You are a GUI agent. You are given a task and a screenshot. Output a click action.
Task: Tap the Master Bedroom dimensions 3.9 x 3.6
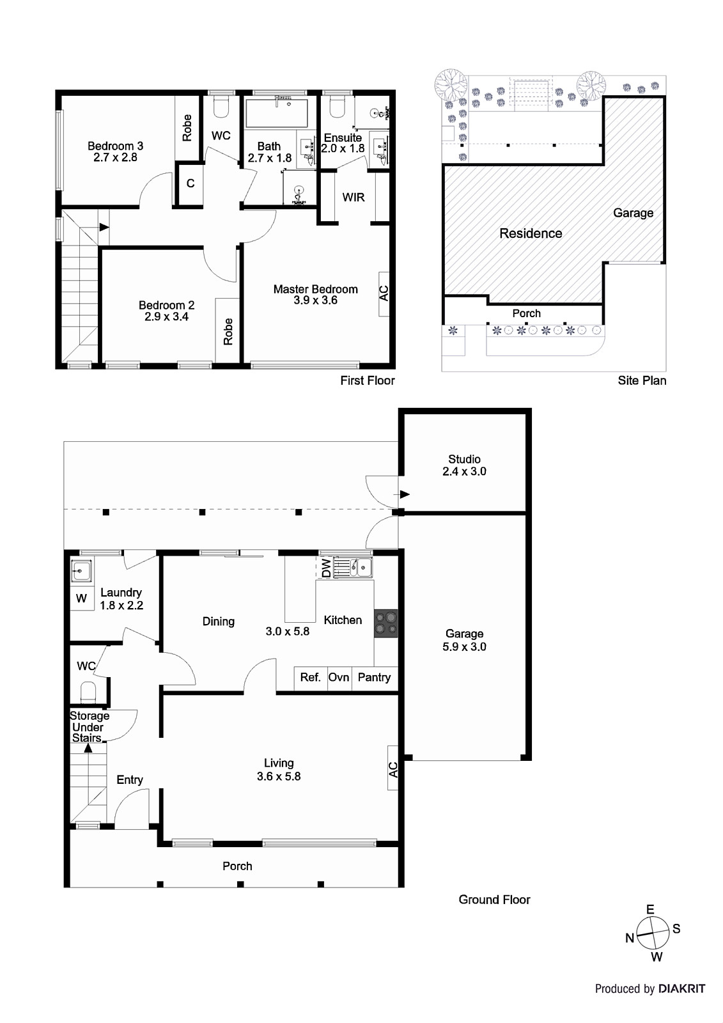pos(315,301)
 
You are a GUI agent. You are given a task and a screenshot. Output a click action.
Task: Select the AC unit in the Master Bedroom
pos(384,293)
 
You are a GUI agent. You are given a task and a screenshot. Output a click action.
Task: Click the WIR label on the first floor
pos(354,197)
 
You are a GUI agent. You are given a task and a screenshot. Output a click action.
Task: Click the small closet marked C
pos(190,184)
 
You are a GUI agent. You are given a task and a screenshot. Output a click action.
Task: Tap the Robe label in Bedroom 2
pos(228,331)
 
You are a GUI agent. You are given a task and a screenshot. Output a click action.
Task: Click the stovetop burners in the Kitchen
pos(385,623)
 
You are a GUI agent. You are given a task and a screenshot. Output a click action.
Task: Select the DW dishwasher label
pos(325,568)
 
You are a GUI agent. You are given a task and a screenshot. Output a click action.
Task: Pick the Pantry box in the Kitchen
pos(374,678)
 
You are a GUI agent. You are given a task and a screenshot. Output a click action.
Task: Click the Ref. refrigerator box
pos(310,678)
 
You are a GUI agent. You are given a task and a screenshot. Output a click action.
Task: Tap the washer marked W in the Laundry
pos(81,599)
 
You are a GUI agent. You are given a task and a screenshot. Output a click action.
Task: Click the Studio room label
pos(464,459)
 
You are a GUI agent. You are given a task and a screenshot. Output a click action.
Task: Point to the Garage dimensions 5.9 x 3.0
pos(464,647)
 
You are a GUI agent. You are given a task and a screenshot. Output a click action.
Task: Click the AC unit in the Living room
pos(393,769)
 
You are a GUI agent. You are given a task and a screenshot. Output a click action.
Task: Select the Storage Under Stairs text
pos(89,727)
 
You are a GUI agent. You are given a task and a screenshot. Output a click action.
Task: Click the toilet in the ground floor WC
pos(88,692)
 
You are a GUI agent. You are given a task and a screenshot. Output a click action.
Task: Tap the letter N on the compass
pos(630,938)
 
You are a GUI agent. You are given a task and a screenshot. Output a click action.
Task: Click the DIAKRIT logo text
pos(681,988)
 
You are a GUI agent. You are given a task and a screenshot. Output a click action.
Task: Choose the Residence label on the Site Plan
pos(531,233)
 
